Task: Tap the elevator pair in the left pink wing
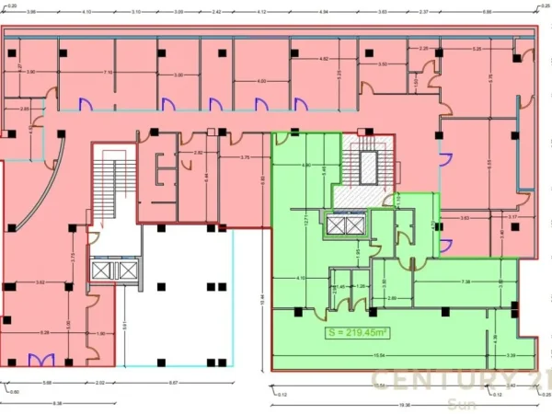(115, 270)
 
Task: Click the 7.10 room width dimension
(109, 72)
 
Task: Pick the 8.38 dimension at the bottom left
(57, 403)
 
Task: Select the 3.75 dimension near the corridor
(246, 157)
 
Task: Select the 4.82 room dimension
(324, 59)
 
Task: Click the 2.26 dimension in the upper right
(424, 48)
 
